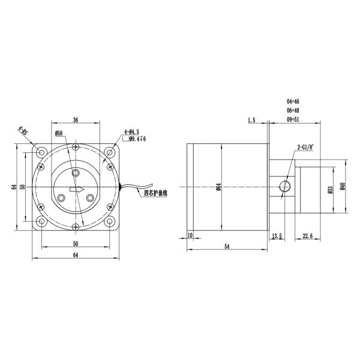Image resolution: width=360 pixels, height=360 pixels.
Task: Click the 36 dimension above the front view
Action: (76, 120)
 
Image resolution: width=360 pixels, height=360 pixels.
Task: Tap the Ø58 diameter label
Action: (59, 133)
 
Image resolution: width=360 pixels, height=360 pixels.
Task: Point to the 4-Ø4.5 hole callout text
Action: (131, 131)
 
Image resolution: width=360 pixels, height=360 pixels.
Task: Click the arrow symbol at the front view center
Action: (76, 190)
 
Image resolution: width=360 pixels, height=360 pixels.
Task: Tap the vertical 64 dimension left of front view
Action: (14, 187)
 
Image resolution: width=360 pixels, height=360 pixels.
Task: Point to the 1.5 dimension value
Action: (251, 121)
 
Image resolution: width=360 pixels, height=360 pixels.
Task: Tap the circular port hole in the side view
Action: (286, 187)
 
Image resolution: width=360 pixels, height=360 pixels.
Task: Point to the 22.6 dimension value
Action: (307, 236)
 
